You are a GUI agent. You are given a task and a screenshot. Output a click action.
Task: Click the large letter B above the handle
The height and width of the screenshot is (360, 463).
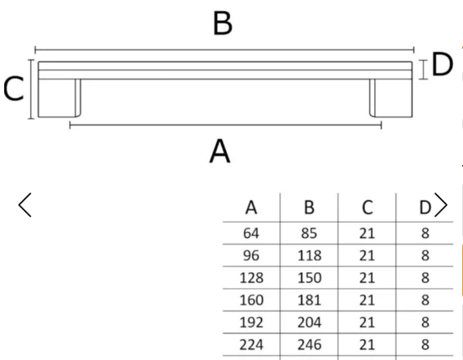(223, 24)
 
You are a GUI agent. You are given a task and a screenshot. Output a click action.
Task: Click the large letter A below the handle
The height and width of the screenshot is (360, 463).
(219, 152)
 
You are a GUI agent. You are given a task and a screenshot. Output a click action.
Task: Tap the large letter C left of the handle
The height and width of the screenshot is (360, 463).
(13, 89)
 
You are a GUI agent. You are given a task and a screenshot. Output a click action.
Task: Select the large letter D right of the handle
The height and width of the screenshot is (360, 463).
(442, 64)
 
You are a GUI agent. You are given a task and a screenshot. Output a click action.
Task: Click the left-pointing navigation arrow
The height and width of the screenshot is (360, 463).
(25, 205)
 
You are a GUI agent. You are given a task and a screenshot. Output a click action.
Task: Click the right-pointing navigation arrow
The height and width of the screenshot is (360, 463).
(441, 205)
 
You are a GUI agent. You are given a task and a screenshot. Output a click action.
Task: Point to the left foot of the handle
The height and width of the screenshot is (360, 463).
(59, 98)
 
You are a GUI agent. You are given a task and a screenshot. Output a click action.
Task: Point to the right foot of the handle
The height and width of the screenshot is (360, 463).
(391, 98)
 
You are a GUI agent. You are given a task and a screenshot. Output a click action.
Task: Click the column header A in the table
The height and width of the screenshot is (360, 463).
(251, 208)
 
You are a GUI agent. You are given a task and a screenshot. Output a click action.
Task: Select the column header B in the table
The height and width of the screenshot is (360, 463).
(309, 208)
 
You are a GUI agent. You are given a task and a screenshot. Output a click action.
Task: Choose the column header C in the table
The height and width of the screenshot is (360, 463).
(367, 208)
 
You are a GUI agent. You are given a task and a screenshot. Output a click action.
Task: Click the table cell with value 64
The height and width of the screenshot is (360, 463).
(251, 234)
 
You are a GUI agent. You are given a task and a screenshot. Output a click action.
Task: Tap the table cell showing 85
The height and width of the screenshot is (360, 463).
(309, 234)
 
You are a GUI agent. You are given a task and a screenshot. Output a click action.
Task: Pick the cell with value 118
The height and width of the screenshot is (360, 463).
(309, 255)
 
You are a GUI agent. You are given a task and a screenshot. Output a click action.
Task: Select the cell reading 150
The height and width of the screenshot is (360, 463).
(309, 278)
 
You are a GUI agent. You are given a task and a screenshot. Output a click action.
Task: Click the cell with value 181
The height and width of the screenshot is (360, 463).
(309, 300)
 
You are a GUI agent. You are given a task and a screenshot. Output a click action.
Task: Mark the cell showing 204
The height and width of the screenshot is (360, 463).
(309, 322)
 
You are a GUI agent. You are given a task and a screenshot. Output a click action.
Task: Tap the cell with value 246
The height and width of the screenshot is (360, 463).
(309, 345)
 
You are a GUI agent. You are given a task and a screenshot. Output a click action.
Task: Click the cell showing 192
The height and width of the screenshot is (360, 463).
(251, 322)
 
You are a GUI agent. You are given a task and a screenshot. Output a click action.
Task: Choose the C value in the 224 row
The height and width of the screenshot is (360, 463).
(367, 345)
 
